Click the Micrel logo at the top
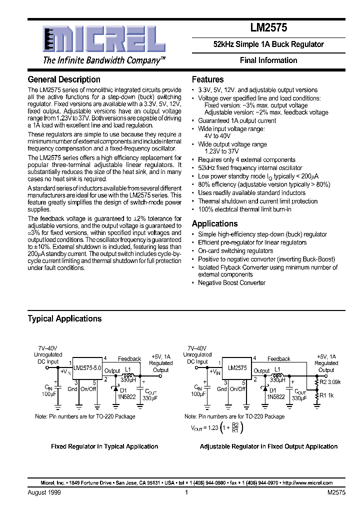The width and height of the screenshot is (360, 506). coord(103,39)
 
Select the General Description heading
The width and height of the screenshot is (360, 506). coord(64,79)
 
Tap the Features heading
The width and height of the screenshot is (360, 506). coord(207,79)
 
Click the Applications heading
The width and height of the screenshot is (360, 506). coord(214,223)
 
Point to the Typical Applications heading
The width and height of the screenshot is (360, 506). coord(64,318)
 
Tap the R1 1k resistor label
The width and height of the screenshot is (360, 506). coord(327,395)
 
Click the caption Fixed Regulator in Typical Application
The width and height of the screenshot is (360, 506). coord(104,446)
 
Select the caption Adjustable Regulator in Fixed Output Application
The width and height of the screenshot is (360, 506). coord(268,446)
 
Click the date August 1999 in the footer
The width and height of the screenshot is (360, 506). coord(43,492)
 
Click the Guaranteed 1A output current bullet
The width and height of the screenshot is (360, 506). coord(236,120)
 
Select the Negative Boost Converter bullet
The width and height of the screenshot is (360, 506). coord(231,282)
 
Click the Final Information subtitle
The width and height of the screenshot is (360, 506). coord(268,60)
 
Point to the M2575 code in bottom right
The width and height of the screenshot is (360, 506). coord(336,492)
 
